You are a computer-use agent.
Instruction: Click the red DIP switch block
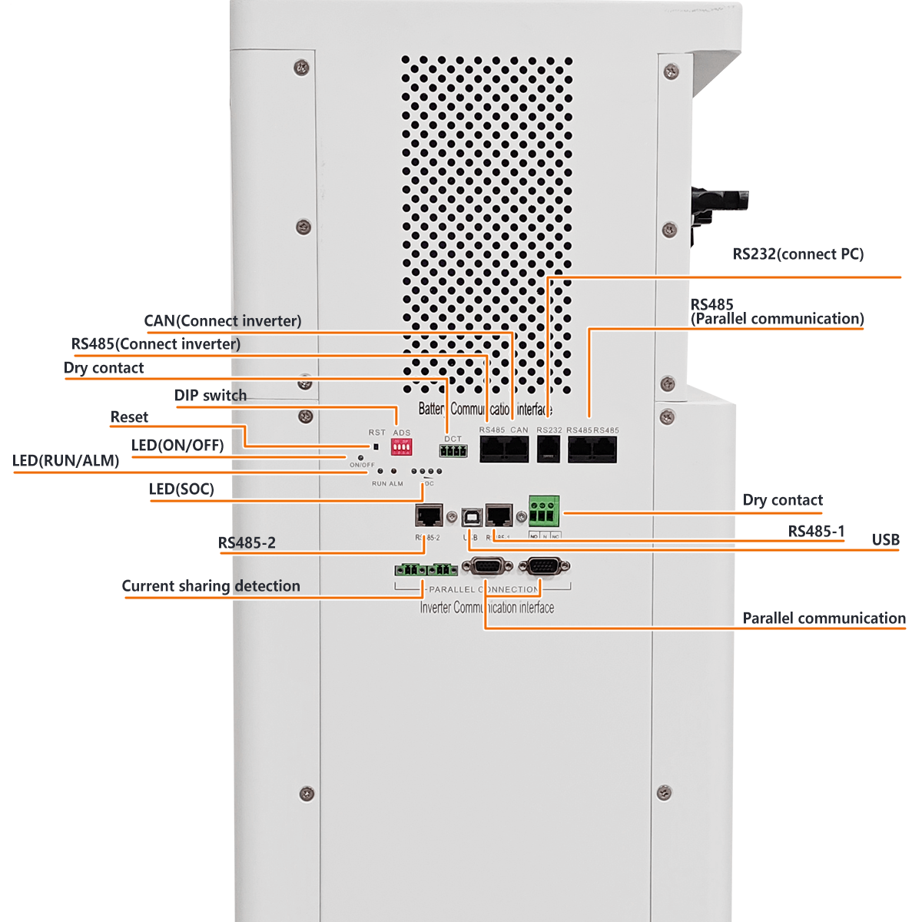[401, 447]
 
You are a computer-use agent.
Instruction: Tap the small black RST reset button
[376, 446]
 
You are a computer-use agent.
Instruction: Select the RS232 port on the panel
[549, 449]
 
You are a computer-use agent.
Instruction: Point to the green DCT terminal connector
[453, 450]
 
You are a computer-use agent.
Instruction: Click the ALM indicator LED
[394, 472]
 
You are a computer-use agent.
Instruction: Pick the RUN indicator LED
[380, 471]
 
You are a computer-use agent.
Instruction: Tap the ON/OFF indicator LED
[360, 457]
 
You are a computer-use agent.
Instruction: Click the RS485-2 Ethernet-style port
[429, 516]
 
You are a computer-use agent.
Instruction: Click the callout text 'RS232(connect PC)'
[798, 254]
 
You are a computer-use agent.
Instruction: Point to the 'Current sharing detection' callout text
[211, 586]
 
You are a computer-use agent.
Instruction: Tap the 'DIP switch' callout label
[210, 396]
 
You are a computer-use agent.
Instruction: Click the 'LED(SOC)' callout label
[181, 489]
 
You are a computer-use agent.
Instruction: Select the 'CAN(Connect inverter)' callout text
[222, 321]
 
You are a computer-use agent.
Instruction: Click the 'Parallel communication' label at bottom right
[824, 619]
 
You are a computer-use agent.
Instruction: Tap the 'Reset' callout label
[129, 417]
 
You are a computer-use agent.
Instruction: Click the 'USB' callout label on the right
[885, 540]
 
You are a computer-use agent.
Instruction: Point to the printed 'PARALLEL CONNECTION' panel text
[484, 589]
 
